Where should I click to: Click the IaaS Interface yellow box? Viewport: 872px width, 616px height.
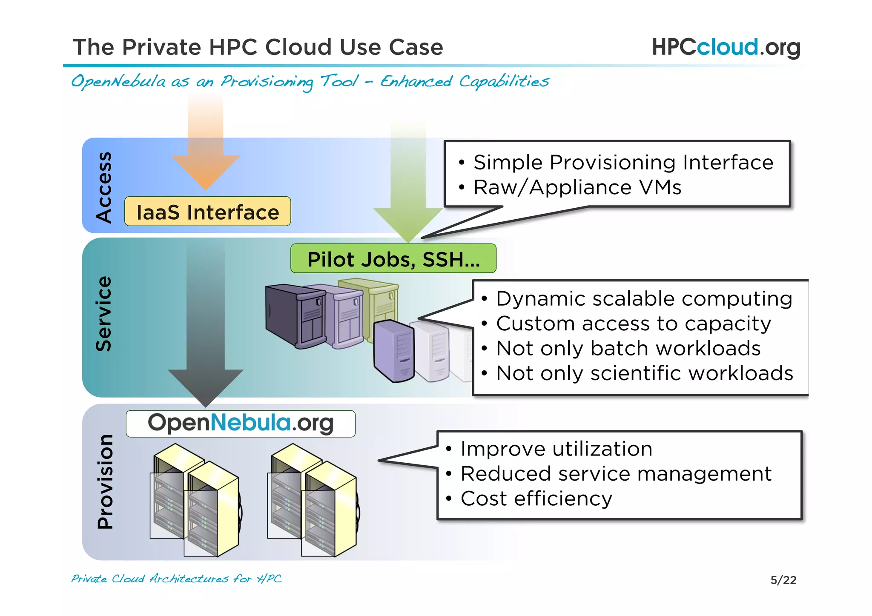[207, 212]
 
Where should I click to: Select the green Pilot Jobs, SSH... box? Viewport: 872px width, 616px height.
[393, 259]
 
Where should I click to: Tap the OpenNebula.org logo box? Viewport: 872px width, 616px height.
[241, 424]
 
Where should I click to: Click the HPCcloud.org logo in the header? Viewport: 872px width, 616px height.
[726, 47]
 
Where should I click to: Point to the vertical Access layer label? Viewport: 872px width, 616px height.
[103, 187]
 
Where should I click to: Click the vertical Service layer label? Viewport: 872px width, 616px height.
[103, 314]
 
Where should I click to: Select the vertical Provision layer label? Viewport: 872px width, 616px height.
[105, 481]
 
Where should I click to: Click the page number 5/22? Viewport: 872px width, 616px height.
[783, 580]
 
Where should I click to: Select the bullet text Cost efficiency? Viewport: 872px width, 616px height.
[536, 499]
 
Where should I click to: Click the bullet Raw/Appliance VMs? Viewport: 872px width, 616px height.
[577, 187]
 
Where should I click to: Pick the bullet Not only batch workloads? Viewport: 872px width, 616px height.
[628, 348]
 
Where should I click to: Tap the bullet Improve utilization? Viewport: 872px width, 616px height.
[556, 449]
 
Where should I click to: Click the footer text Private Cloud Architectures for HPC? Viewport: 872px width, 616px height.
[176, 579]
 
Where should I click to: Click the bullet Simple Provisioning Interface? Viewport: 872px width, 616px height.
[623, 163]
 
